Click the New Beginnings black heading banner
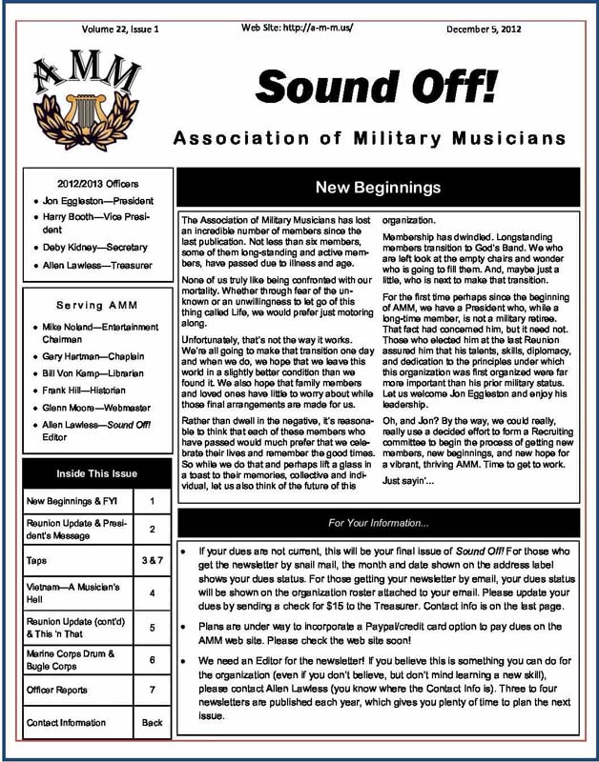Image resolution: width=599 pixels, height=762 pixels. click(x=377, y=188)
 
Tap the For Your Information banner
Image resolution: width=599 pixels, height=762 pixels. click(x=378, y=523)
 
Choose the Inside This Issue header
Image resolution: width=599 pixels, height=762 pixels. click(x=97, y=472)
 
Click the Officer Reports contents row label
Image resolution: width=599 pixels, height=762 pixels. click(x=61, y=689)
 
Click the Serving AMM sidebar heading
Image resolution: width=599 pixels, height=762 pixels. click(x=97, y=304)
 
